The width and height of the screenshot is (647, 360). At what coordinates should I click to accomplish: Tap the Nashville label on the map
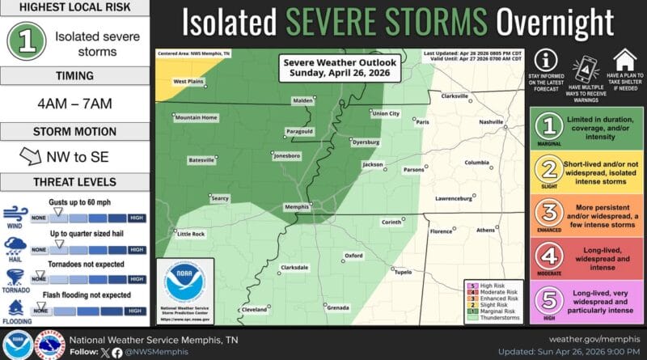(x=491, y=121)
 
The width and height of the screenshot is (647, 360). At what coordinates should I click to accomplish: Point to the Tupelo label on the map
(x=403, y=272)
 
